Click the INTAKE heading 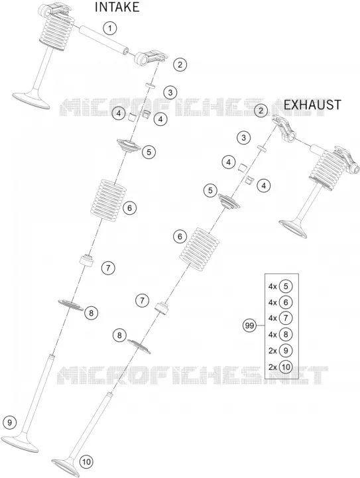[x=117, y=7]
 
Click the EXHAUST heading [x=312, y=105]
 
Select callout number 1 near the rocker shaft [x=110, y=29]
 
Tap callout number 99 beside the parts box [x=249, y=326]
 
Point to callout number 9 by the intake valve [x=9, y=422]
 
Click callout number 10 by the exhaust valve [x=86, y=462]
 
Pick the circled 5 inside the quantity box [x=286, y=286]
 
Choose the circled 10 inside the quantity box [x=286, y=367]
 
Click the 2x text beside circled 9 [x=272, y=351]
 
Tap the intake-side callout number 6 [x=129, y=208]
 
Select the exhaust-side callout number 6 [x=180, y=237]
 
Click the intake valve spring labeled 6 [x=109, y=197]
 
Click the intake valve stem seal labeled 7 [x=86, y=261]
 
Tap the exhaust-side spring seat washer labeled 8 [x=139, y=346]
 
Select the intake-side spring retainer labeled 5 [x=129, y=145]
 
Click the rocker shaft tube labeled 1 [x=103, y=40]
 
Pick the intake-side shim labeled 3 [x=150, y=85]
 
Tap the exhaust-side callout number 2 [x=261, y=110]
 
